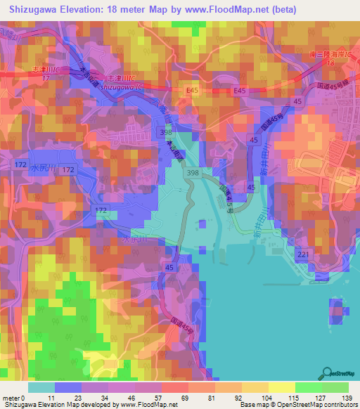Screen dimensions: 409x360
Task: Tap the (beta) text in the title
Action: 280,10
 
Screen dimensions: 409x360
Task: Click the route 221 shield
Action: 303,254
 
